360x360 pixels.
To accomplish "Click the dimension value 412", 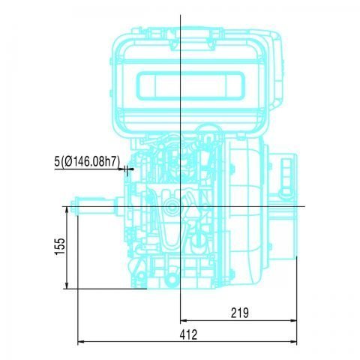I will point(190,334).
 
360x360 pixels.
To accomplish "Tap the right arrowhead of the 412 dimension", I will point(294,343).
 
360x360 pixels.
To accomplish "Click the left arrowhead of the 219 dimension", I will point(184,320).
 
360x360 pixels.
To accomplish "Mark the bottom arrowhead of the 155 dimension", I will point(68,285).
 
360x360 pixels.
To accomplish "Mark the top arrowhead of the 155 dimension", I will point(68,209).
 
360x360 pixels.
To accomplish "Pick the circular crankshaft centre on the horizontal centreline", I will point(172,205).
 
